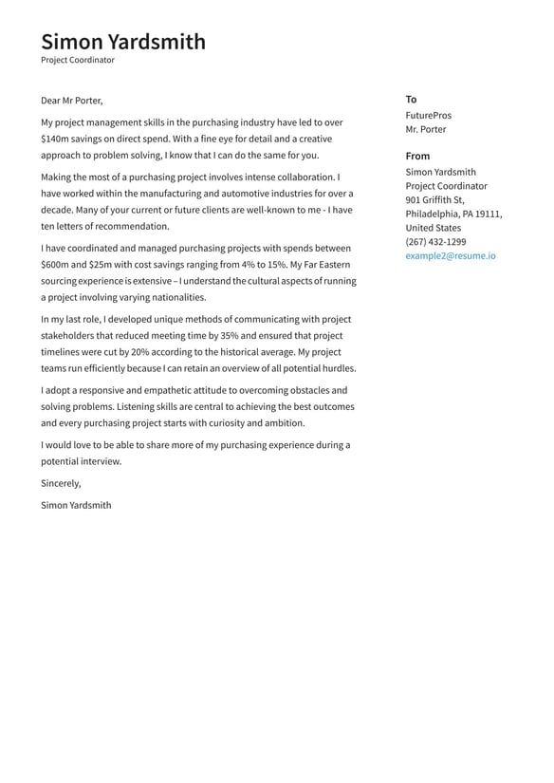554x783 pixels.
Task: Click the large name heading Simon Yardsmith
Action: (122, 41)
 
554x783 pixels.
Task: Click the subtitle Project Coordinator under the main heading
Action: (77, 60)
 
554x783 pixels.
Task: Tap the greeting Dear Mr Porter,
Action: (72, 101)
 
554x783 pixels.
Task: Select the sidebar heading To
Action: (411, 100)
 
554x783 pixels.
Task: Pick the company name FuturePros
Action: (428, 115)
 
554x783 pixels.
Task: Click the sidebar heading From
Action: (417, 156)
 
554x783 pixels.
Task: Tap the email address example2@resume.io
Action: (451, 256)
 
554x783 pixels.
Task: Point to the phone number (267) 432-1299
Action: (435, 242)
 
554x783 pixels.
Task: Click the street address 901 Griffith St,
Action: (434, 200)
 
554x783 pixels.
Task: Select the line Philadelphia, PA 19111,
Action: (453, 214)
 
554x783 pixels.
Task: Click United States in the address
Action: (433, 228)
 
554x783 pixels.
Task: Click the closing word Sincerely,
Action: (61, 483)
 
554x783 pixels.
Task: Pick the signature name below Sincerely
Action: (76, 505)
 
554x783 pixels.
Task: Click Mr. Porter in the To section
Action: (425, 129)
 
